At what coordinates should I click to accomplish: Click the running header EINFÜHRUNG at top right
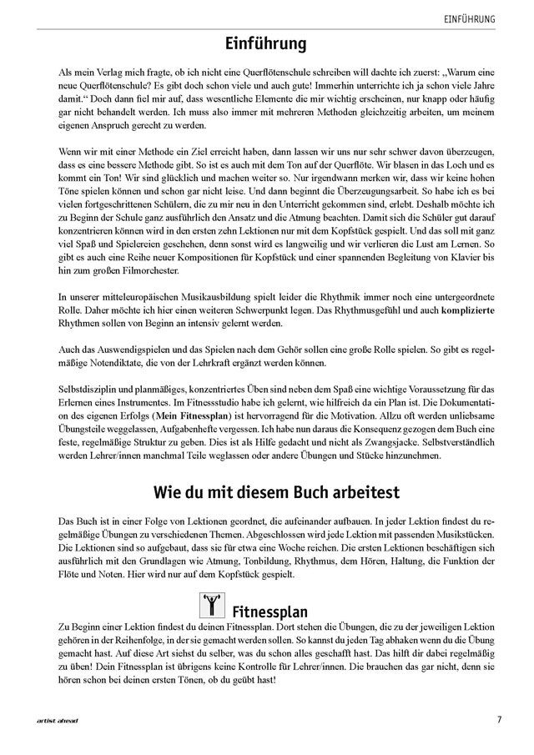pos(471,18)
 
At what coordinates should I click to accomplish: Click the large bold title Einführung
pos(267,43)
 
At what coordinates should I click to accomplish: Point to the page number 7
pos(498,719)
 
